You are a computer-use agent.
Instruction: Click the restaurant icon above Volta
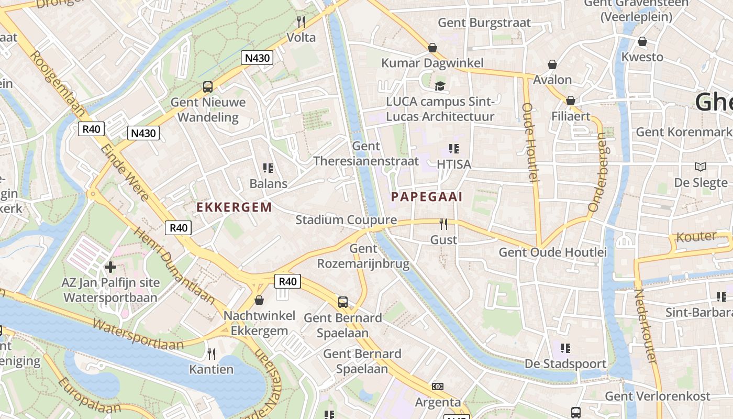[x=301, y=21]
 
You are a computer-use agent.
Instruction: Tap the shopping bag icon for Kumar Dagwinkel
[x=432, y=48]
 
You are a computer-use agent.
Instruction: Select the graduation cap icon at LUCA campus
[x=440, y=86]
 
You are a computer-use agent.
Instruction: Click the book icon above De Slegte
[x=701, y=167]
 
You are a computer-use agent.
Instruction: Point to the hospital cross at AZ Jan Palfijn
[x=110, y=267]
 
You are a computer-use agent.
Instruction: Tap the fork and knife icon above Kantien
[x=212, y=354]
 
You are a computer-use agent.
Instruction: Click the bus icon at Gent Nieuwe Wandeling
[x=208, y=87]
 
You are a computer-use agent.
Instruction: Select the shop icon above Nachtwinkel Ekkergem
[x=259, y=300]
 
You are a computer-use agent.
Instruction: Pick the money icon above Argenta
[x=438, y=387]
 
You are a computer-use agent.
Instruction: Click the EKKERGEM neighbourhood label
[x=235, y=207]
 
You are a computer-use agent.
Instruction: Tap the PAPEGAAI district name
[x=427, y=197]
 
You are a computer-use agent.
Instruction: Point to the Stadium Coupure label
[x=346, y=220]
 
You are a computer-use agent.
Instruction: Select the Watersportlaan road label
[x=138, y=334]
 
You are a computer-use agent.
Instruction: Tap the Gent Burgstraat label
[x=484, y=23]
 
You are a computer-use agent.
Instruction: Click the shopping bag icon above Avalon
[x=552, y=64]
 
